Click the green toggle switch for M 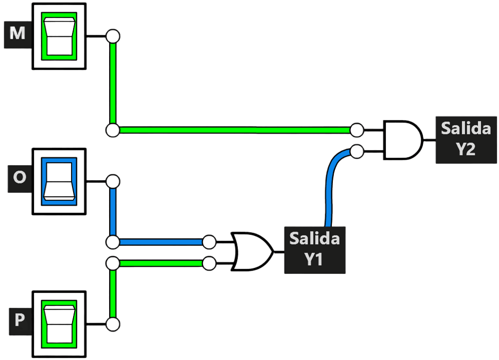pos(59,36)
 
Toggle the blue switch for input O pos(59,181)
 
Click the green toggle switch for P pos(59,324)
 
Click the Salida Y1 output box pos(315,250)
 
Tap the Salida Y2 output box pos(466,140)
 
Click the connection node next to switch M pos(113,36)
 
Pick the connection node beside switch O pos(113,181)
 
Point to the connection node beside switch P pos(113,324)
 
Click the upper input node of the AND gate pos(357,130)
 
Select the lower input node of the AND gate pos(357,151)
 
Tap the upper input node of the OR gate pos(209,242)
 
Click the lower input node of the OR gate pos(209,263)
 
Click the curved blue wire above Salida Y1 pos(330,181)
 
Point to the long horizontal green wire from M pos(235,130)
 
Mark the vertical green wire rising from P pos(113,293)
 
